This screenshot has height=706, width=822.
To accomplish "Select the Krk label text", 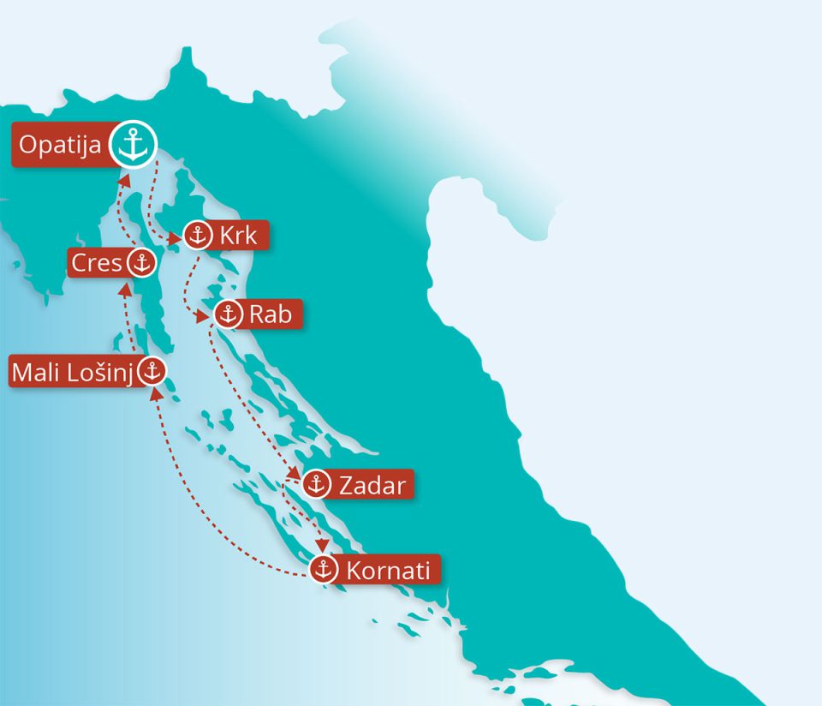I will point(237,236).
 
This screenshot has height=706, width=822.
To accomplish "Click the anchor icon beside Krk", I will point(197,236).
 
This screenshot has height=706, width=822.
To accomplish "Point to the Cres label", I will point(96,263).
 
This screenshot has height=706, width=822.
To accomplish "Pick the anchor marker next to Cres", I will point(141,263).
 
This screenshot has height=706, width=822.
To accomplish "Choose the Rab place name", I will point(270,314).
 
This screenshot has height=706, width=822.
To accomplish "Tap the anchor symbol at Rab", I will point(228,314).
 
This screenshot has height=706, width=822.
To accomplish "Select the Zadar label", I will point(372,486).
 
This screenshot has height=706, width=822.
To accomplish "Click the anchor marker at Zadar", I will point(317,485).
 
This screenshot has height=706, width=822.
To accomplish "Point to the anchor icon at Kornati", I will point(324,569).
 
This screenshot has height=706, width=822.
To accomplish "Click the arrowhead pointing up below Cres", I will point(126,287).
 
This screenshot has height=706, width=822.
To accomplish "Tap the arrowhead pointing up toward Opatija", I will point(125,180).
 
